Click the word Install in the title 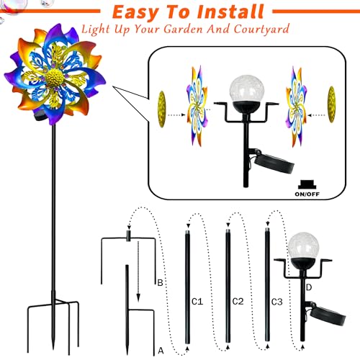coord(230,12)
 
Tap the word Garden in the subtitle coord(184,30)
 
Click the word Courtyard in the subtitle coord(261,30)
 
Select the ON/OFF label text coord(307,194)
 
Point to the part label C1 coord(197,302)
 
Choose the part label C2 coord(238,302)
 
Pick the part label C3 coord(277,302)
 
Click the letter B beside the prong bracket coord(160,283)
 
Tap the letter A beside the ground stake coord(161,351)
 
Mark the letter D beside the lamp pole coord(309,287)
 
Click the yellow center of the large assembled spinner coord(55,77)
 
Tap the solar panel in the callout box coord(276,163)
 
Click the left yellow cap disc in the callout coord(162,109)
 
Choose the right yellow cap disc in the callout coord(332,104)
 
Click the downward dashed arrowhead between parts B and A coord(138,297)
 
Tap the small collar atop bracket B coord(129,236)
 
